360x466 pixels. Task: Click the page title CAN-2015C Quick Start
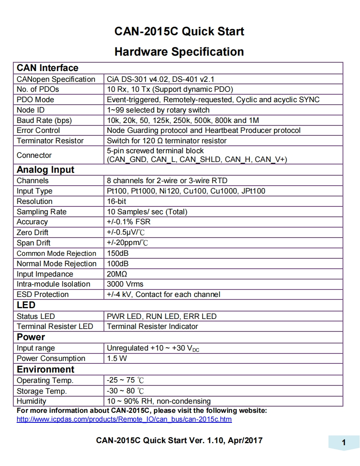pos(179,32)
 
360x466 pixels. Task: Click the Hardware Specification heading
pos(179,52)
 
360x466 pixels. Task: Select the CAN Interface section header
pos(47,68)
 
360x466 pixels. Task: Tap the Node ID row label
pos(30,110)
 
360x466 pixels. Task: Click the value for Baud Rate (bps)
pos(183,120)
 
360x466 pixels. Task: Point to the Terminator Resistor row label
pos(50,141)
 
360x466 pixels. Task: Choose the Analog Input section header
pos(45,170)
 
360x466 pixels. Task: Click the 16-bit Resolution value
pos(117,201)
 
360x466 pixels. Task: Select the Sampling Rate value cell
pos(147,212)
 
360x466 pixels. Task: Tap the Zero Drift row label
pos(32,233)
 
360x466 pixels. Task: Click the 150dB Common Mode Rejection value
pos(118,253)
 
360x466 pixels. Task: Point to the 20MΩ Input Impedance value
pos(117,274)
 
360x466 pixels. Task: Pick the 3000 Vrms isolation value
pos(125,284)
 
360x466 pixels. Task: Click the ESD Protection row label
pos(42,294)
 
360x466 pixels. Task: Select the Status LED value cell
pos(162,316)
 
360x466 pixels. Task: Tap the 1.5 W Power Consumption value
pos(117,358)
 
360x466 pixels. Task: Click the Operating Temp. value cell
pos(126,380)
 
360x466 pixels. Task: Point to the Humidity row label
pos(31,401)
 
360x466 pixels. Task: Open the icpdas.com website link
pos(124,419)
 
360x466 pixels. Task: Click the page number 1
pos(344,443)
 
